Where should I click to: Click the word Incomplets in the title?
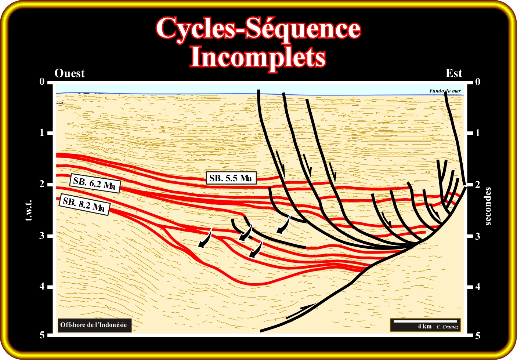258,57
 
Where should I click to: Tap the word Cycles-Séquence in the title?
258,28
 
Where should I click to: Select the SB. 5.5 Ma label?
231,178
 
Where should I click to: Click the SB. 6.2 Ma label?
94,183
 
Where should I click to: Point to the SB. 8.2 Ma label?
84,204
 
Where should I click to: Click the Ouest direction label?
69,73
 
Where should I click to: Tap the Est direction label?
454,73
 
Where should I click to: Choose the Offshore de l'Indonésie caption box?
94,325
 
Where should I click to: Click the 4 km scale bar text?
424,326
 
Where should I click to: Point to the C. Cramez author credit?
448,327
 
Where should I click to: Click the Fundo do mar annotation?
445,91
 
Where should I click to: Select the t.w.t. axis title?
29,210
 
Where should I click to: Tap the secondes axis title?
488,206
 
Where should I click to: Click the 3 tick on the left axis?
42,236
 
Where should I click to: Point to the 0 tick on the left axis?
42,81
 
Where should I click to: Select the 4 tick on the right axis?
478,287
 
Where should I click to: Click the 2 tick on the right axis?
478,184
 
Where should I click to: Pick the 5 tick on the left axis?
42,335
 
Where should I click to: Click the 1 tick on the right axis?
478,133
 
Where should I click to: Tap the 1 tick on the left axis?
42,133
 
